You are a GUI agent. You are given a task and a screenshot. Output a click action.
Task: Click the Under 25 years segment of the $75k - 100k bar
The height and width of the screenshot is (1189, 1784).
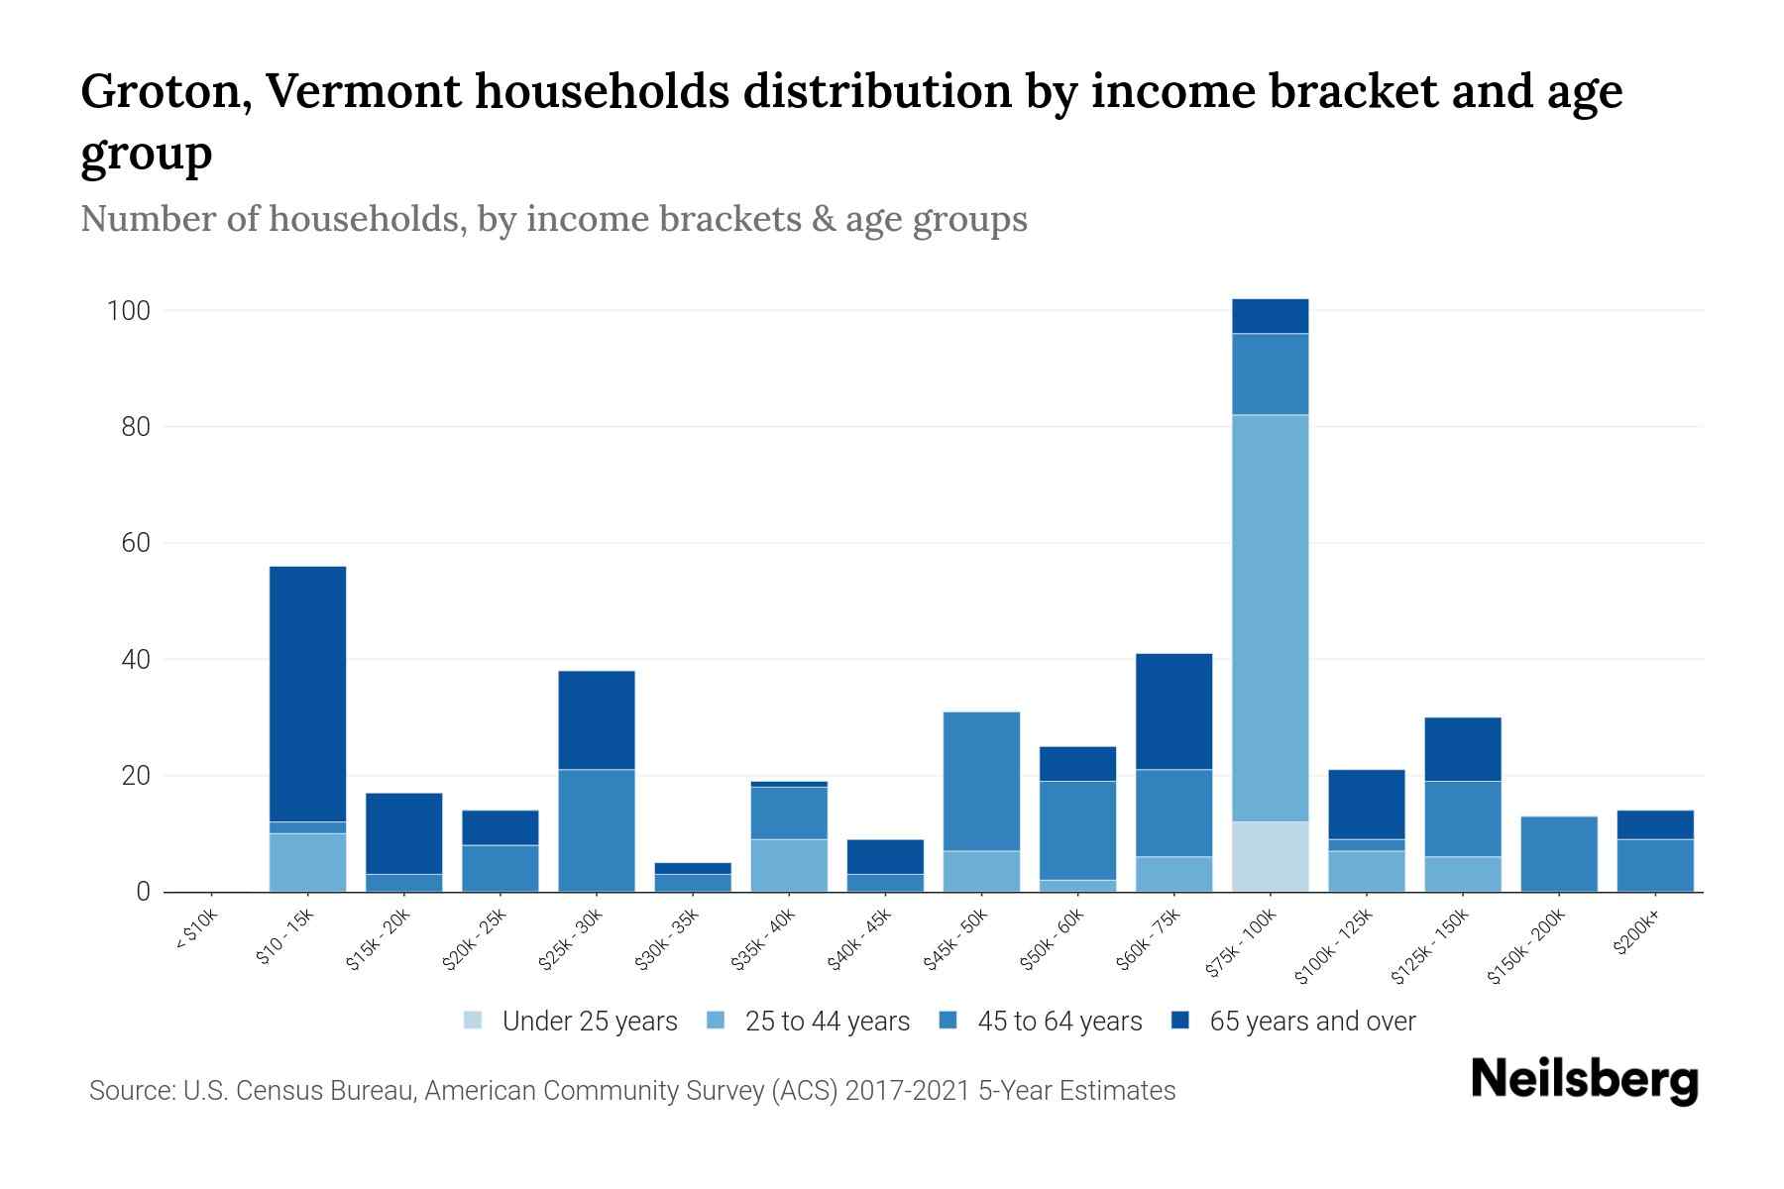[1270, 856]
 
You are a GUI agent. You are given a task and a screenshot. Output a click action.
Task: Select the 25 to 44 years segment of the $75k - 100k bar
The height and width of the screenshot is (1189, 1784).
[1270, 617]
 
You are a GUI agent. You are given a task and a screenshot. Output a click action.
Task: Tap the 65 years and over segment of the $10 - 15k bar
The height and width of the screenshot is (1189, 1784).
[307, 694]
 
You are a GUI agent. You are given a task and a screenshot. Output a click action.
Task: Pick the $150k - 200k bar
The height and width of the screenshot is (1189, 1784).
[1559, 854]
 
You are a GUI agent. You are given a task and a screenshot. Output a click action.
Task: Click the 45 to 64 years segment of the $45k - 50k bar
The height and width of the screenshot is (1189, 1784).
[981, 781]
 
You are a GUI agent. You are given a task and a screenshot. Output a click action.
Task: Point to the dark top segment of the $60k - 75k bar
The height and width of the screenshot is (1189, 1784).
[1173, 711]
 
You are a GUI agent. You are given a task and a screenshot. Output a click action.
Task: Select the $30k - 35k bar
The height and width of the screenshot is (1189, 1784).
[693, 878]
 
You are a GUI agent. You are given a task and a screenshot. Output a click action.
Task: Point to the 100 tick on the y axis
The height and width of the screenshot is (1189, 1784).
[128, 311]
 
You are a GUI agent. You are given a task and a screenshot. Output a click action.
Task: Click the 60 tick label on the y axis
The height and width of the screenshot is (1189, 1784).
[135, 544]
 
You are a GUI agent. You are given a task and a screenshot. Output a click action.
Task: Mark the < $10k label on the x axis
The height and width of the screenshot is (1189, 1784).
[196, 931]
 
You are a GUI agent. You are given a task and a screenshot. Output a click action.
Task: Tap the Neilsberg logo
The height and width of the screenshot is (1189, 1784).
[1584, 1080]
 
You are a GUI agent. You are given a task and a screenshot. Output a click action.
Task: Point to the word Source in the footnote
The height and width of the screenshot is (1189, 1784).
[129, 1091]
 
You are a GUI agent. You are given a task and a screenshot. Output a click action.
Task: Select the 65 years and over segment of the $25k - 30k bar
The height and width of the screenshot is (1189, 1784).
[597, 720]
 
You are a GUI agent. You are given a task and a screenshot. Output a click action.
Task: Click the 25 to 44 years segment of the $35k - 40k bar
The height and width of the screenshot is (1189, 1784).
[789, 865]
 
